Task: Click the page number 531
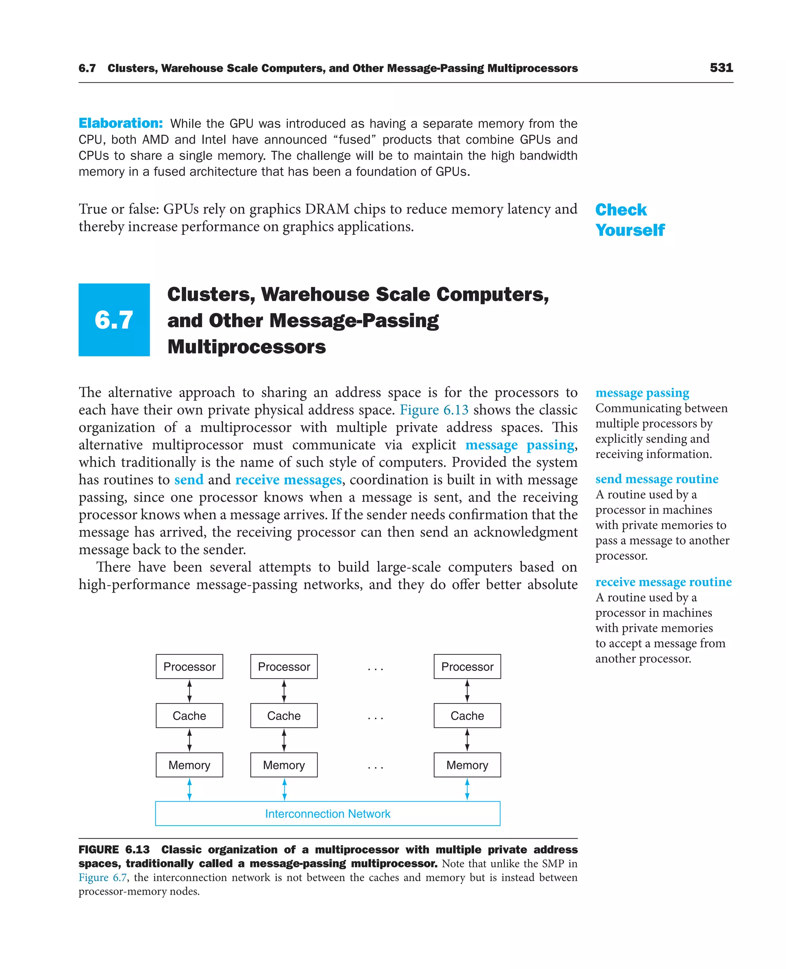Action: click(x=721, y=68)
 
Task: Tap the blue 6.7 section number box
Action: click(x=114, y=320)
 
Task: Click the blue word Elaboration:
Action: click(x=121, y=123)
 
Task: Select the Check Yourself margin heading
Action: click(x=629, y=220)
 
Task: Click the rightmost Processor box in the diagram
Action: click(x=467, y=666)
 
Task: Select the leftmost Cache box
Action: click(x=189, y=715)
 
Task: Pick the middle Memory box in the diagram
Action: click(x=284, y=765)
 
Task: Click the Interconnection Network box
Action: click(x=327, y=813)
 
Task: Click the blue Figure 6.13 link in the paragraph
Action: click(x=434, y=410)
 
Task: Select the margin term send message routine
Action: click(x=657, y=479)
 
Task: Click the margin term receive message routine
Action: click(x=663, y=582)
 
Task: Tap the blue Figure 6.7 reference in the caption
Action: click(x=103, y=878)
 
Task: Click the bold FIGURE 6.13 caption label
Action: click(x=114, y=850)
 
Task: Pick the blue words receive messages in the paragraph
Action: click(x=288, y=480)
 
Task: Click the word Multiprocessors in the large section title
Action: click(x=246, y=347)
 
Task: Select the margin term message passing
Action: click(x=642, y=392)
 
